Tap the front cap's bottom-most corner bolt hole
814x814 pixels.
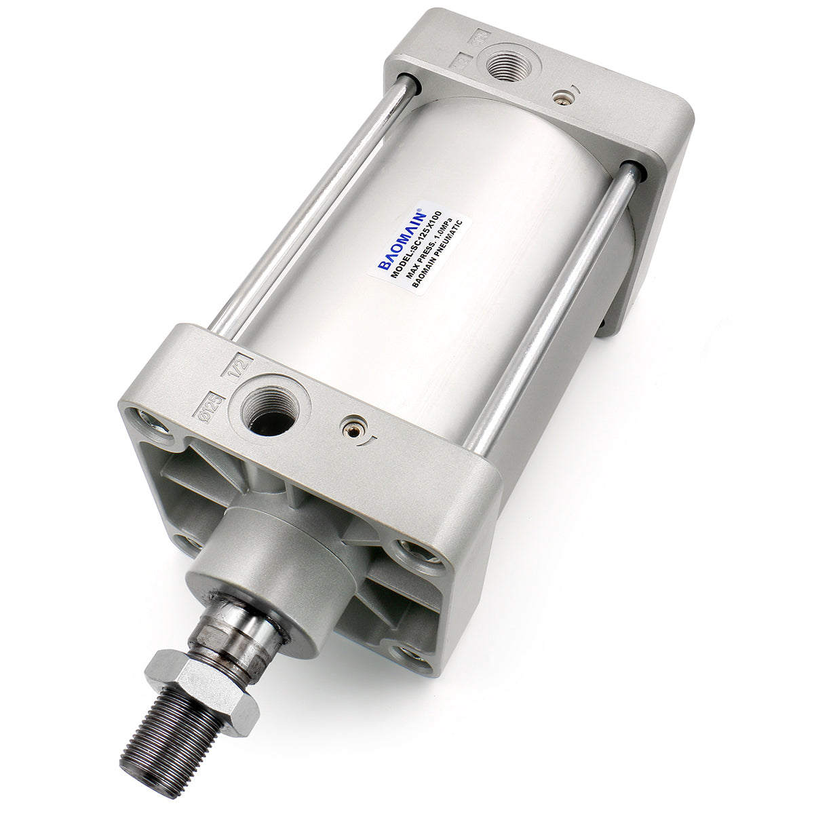click(x=412, y=657)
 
